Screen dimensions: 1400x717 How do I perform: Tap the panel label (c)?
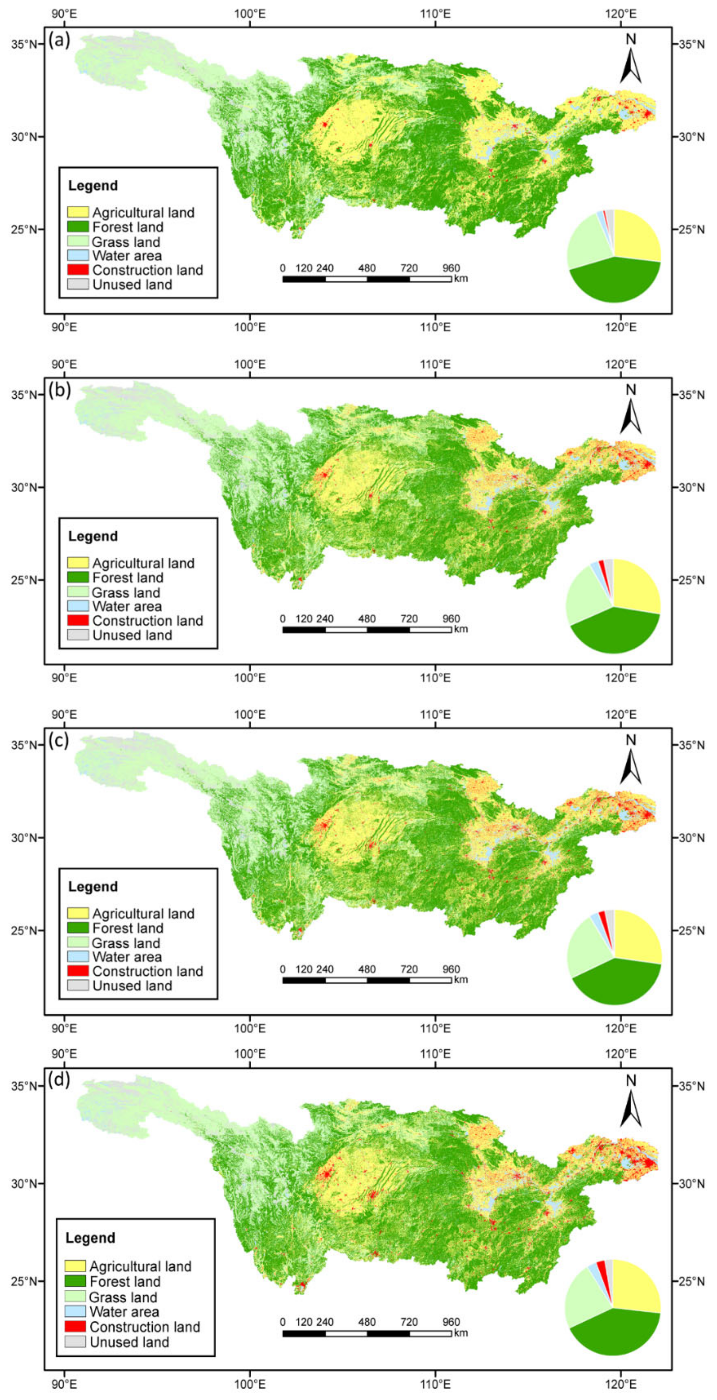59,740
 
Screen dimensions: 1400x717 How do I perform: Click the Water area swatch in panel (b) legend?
78,606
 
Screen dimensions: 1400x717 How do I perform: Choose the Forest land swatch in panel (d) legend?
75,1281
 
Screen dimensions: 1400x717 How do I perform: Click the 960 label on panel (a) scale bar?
451,268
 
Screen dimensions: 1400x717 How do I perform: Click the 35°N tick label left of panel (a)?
24,44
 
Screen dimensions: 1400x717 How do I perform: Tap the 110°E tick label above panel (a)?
435,13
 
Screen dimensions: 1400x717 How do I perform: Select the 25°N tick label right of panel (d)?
691,1281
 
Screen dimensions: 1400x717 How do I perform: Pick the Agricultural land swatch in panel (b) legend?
78,562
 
